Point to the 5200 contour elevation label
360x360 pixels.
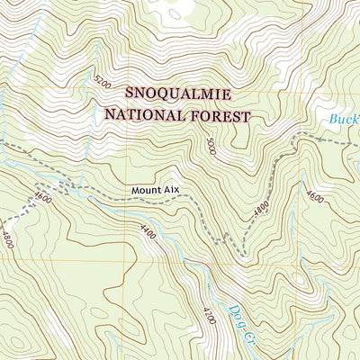[101, 83]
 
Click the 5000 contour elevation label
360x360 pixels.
[211, 145]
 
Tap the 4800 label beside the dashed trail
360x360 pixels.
[260, 209]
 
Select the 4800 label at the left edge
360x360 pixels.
[7, 240]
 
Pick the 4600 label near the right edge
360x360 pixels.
[314, 196]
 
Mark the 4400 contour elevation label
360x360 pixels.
[148, 234]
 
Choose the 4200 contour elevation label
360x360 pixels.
[209, 316]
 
